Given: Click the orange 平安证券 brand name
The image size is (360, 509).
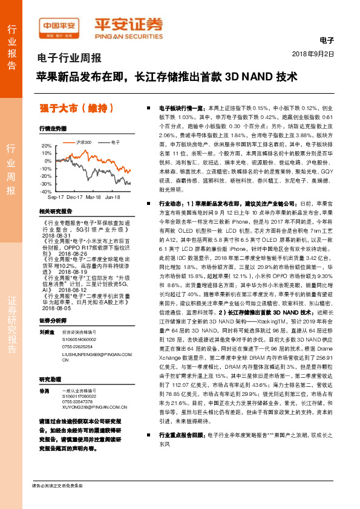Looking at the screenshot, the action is [128, 25].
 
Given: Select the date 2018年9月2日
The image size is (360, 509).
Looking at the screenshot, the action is [314, 53].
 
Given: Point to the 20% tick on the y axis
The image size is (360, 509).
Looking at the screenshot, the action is [47, 146].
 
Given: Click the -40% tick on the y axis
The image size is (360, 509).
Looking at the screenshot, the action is [45, 191].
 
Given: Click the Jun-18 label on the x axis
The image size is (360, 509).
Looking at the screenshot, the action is [113, 197].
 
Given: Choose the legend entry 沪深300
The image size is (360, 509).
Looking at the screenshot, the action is [82, 141].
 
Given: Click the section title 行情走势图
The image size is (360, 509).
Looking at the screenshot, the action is [52, 129].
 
